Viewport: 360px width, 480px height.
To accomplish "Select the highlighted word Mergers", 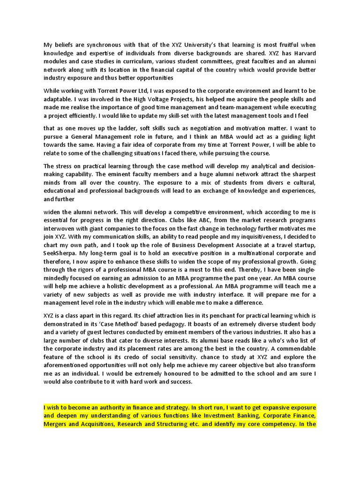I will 56,424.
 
